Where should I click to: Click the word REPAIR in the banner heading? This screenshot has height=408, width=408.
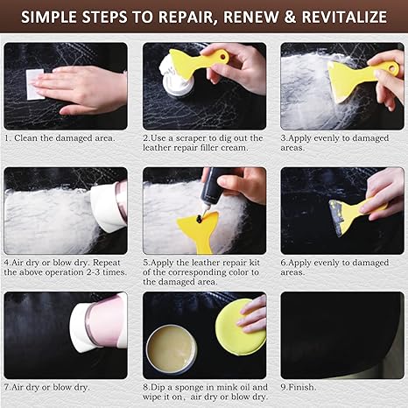pyautogui.click(x=187, y=17)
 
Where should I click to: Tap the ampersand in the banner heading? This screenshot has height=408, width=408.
pyautogui.click(x=290, y=17)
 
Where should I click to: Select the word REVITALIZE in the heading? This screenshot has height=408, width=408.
pyautogui.click(x=344, y=17)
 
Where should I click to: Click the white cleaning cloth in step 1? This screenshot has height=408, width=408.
pyautogui.click(x=35, y=84)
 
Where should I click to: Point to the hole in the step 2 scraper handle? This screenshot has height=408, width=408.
pyautogui.click(x=224, y=56)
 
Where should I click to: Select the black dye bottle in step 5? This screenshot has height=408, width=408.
pyautogui.click(x=213, y=186)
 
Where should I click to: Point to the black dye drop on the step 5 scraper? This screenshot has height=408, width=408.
pyautogui.click(x=200, y=219)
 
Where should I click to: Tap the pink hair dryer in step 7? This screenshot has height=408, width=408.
pyautogui.click(x=99, y=322)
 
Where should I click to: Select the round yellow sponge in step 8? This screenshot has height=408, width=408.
pyautogui.click(x=241, y=327)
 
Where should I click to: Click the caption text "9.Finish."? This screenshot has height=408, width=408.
pyautogui.click(x=299, y=387)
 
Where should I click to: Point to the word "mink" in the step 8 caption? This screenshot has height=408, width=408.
pyautogui.click(x=224, y=387)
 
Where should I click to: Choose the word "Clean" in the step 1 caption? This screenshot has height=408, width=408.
pyautogui.click(x=26, y=137)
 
